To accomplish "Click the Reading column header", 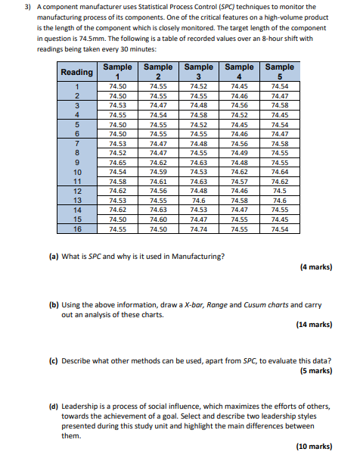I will click(x=77, y=72).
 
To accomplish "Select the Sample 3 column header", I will click(x=199, y=72).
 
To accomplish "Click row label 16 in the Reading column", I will click(x=77, y=227).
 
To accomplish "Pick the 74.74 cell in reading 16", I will click(x=199, y=227).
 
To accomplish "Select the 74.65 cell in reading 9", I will click(x=117, y=162).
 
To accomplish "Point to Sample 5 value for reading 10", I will click(x=279, y=172).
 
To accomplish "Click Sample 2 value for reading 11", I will click(x=158, y=182).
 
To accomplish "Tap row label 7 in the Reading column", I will click(x=77, y=143).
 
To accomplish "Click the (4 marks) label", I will click(x=316, y=266).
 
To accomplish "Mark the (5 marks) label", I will click(x=316, y=371).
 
